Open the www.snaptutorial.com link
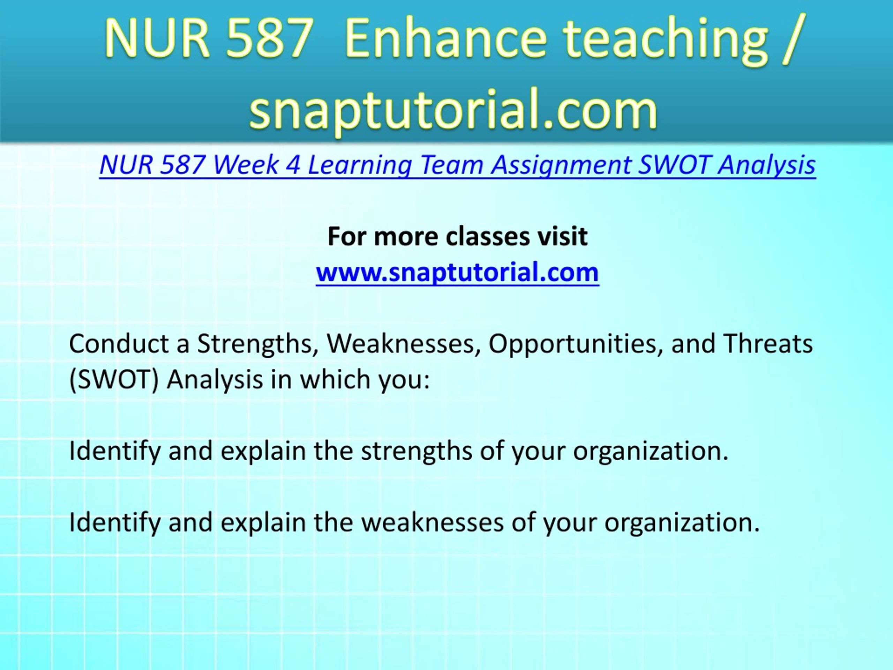457,272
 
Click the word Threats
768,344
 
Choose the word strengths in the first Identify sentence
416,452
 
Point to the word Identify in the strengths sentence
115,452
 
